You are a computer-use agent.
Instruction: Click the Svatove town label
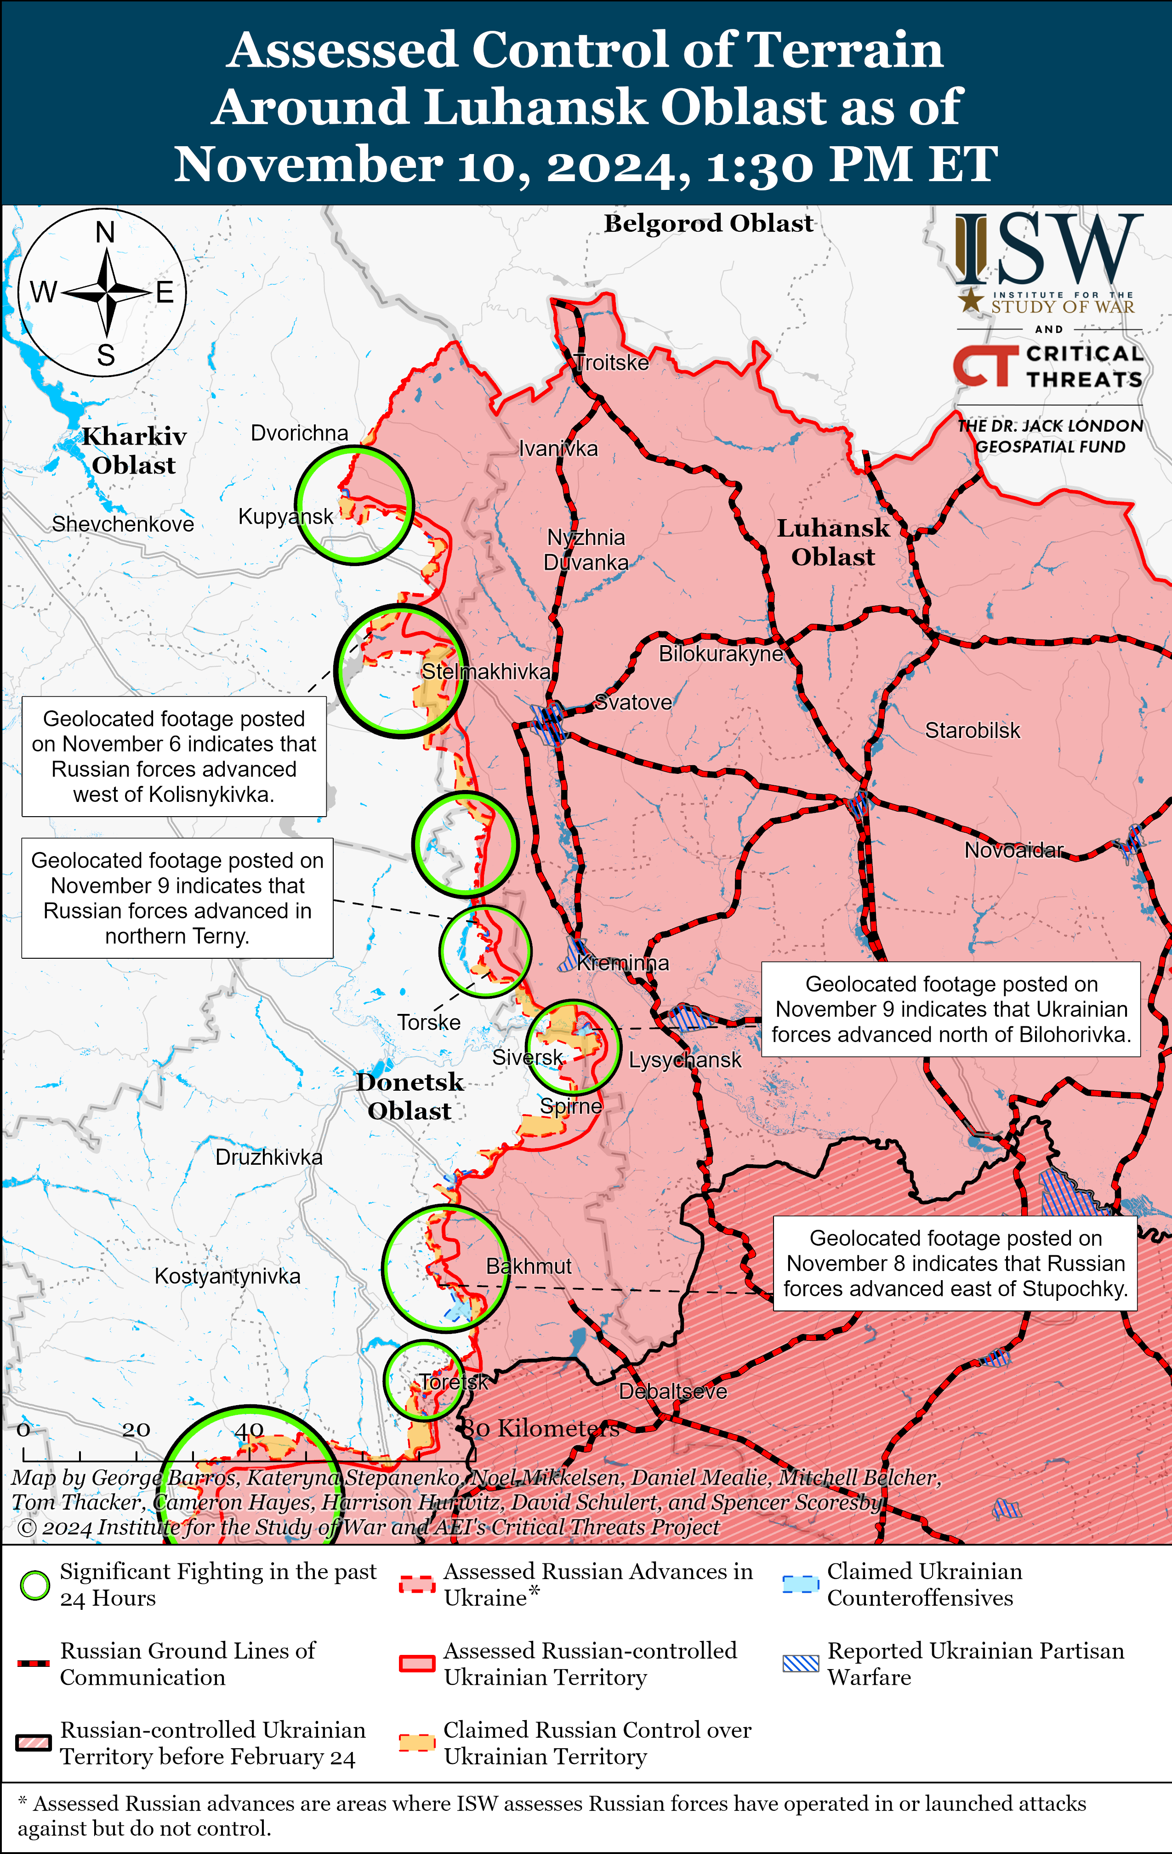(x=633, y=702)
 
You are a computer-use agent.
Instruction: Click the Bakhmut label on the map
(x=529, y=1266)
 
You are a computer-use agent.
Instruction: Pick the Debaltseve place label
(x=672, y=1391)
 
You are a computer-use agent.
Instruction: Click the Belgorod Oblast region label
(x=708, y=223)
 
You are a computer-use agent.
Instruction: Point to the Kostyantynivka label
(x=227, y=1276)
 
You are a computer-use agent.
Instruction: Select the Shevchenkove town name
(x=122, y=524)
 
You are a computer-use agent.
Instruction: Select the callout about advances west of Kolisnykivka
(x=174, y=756)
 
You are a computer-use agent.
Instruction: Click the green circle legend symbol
(x=34, y=1585)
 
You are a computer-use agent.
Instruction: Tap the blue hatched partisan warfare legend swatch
(x=800, y=1663)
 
